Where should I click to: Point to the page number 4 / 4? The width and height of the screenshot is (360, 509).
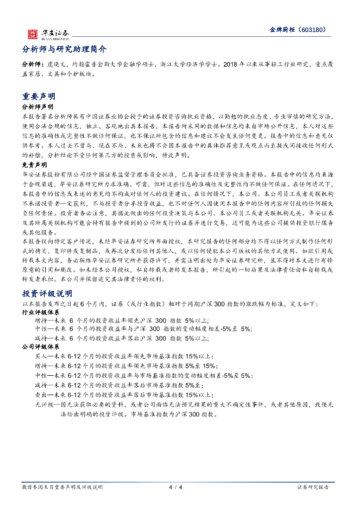coord(176,487)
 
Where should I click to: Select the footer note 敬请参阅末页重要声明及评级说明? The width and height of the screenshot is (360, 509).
coord(63,487)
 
